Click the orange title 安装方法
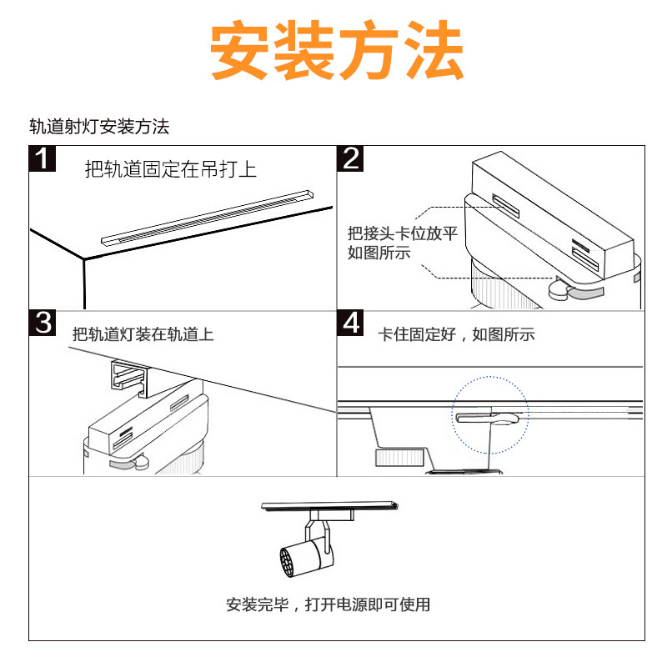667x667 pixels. click(x=336, y=51)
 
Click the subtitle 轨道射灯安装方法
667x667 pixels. click(x=99, y=127)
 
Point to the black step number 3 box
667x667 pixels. click(x=43, y=323)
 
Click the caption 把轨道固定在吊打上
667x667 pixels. click(x=170, y=170)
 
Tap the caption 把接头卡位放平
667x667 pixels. click(x=403, y=234)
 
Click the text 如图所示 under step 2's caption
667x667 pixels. click(x=379, y=253)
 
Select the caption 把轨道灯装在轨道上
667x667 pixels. click(x=143, y=334)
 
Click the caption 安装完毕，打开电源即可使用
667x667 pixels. click(x=328, y=604)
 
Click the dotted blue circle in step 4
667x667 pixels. click(x=492, y=415)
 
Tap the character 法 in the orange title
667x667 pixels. click(x=433, y=51)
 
